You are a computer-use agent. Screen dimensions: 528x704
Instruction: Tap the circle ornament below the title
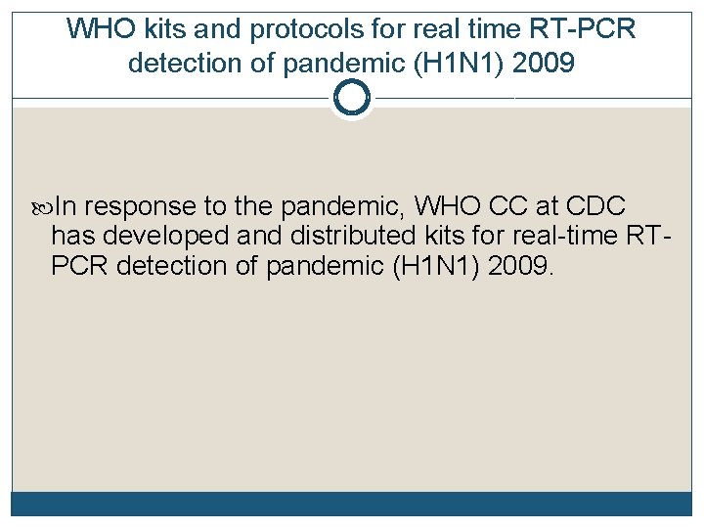tap(351, 98)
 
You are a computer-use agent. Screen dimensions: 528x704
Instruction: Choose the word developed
tap(155, 236)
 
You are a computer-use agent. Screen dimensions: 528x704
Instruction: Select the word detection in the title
tap(188, 65)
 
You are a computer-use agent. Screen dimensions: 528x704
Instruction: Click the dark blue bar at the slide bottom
tap(351, 504)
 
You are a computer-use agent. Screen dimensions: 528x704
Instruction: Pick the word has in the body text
tap(71, 236)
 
